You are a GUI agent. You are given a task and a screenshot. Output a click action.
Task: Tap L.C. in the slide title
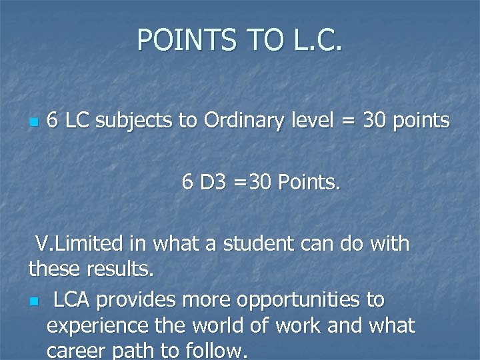pyautogui.click(x=316, y=40)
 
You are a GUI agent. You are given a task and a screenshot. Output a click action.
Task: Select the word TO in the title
pyautogui.click(x=265, y=40)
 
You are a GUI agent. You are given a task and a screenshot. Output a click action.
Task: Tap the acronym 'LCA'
pyautogui.click(x=73, y=300)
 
